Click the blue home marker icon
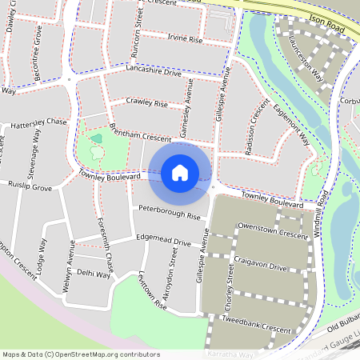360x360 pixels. tap(180, 172)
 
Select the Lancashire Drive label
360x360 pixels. tap(154, 70)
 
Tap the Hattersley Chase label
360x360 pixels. tap(39, 122)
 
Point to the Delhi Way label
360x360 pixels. tap(94, 273)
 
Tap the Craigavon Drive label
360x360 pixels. tap(262, 265)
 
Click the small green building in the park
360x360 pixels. tap(97, 138)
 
